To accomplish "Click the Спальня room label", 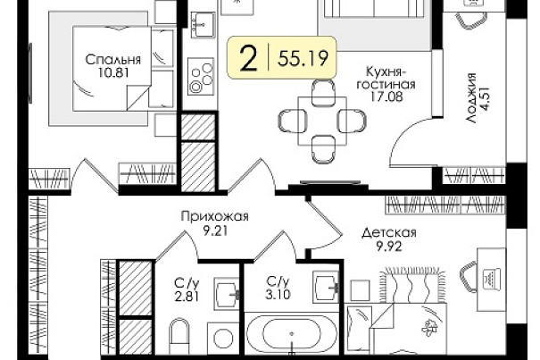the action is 113,60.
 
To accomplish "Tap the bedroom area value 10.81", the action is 113,72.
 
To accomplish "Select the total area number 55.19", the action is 303,58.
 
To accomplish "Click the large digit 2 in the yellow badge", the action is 249,59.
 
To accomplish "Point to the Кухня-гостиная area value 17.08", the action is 386,96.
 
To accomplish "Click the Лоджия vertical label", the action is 472,98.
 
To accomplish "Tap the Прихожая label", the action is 214,217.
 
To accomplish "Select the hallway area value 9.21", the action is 215,230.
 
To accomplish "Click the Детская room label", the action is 389,233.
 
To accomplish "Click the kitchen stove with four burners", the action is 201,76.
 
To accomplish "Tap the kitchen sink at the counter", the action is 204,25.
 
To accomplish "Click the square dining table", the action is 322,121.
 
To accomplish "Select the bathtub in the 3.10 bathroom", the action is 292,333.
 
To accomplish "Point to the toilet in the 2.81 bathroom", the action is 179,335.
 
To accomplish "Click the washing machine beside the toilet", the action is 223,338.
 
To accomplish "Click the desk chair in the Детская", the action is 469,276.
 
